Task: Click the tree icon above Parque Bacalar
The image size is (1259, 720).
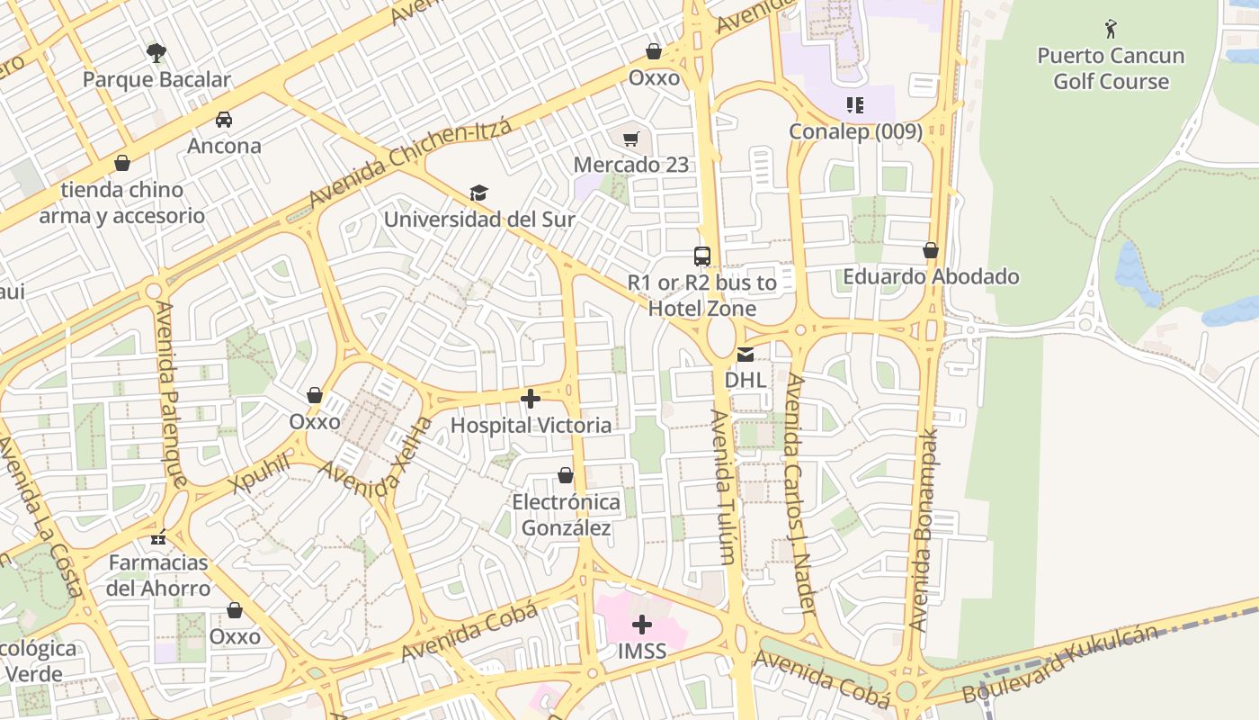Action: [x=156, y=52]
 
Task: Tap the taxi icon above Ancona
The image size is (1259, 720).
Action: [x=223, y=119]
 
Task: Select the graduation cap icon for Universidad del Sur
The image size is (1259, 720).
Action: [x=478, y=193]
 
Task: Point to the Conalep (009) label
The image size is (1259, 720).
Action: [x=855, y=131]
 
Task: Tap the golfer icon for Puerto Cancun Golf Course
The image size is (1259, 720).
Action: [x=1111, y=29]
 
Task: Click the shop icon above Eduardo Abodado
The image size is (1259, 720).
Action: [x=931, y=250]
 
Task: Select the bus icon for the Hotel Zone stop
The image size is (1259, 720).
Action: [x=702, y=256]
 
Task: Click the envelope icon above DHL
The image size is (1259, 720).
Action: [x=746, y=354]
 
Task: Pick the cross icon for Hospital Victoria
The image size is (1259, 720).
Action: [x=531, y=398]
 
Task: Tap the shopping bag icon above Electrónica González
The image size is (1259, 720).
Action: [x=566, y=474]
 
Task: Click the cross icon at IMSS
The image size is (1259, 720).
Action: [x=642, y=624]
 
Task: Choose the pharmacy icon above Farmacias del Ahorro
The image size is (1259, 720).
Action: [x=158, y=537]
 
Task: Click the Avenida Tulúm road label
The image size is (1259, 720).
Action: [x=722, y=487]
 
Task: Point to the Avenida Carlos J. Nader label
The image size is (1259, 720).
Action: [x=799, y=494]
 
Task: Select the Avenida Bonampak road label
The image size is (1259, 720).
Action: [x=924, y=529]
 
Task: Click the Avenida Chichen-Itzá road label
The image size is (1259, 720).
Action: [x=410, y=162]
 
